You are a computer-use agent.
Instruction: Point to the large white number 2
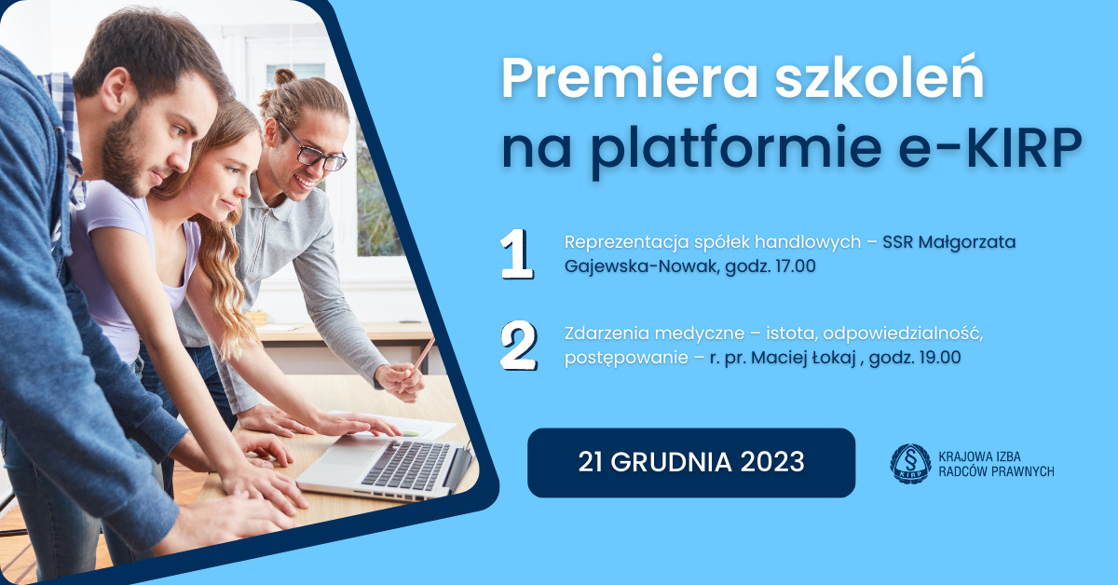(518, 346)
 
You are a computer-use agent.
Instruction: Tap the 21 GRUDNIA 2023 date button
(690, 462)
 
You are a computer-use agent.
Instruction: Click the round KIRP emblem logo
(909, 463)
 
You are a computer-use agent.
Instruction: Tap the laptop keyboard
(405, 464)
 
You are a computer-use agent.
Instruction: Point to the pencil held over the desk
(424, 353)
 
